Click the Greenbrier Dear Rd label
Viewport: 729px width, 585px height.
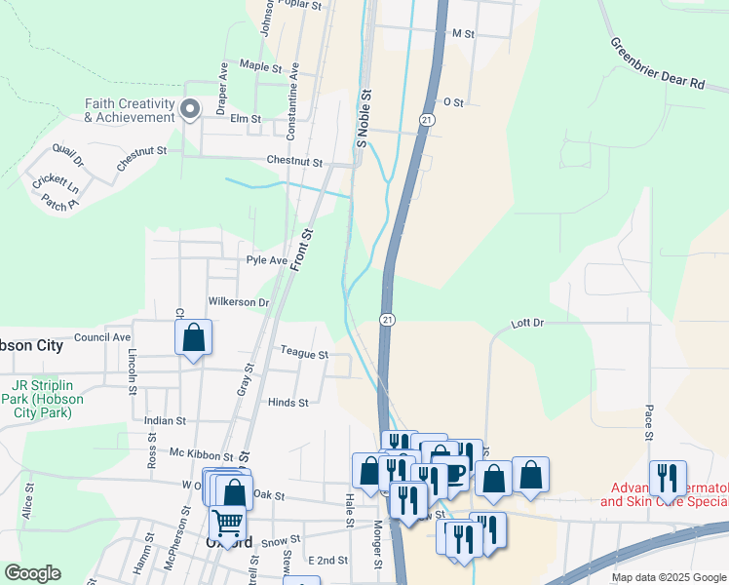[657, 64]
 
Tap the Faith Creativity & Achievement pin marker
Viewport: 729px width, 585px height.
[190, 110]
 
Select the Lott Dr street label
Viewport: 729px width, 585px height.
[527, 322]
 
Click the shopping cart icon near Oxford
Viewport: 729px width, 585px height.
[227, 523]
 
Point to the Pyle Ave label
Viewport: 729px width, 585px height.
[266, 260]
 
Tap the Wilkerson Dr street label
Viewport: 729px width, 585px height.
[238, 302]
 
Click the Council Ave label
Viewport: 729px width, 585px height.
[102, 337]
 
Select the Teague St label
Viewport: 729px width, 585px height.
[303, 355]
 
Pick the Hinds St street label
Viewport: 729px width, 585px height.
[288, 402]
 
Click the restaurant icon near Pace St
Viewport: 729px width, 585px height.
[668, 478]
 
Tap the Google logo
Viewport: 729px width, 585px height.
[31, 574]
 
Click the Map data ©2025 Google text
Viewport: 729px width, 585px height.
[669, 577]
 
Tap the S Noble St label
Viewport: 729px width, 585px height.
[364, 119]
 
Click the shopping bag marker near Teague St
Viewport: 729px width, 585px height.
[194, 338]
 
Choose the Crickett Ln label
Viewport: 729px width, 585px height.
[54, 182]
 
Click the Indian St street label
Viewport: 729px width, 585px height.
[165, 420]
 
